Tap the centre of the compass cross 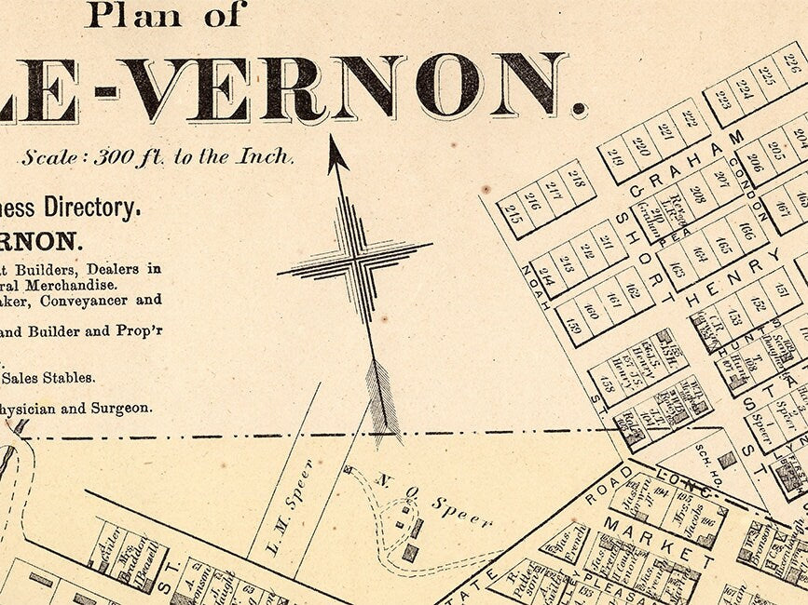[355, 260]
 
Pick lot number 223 [722, 100]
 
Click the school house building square [726, 460]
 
